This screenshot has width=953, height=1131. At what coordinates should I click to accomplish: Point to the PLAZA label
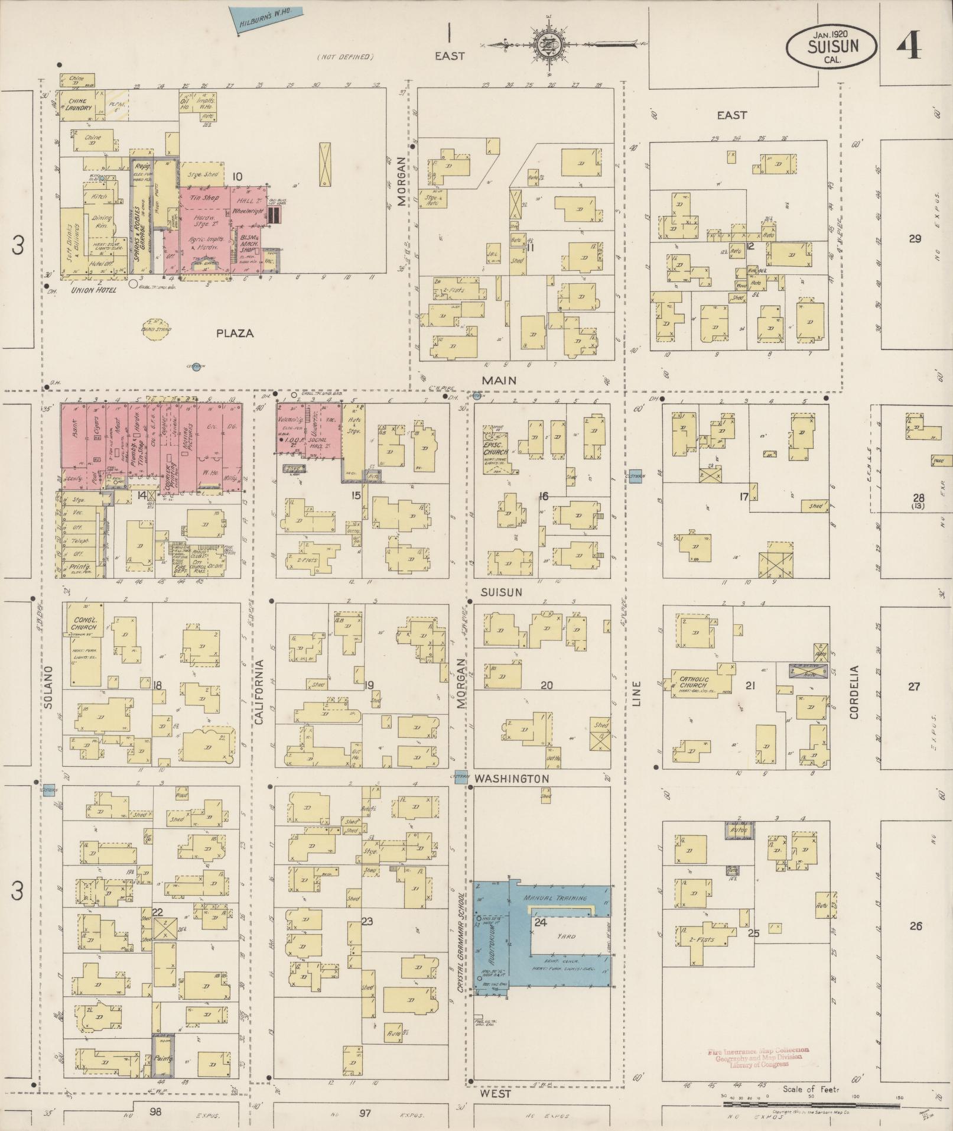pyautogui.click(x=235, y=333)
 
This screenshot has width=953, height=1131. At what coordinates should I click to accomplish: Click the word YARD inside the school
pyautogui.click(x=566, y=936)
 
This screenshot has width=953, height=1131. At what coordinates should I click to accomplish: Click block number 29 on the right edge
pyautogui.click(x=915, y=239)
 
